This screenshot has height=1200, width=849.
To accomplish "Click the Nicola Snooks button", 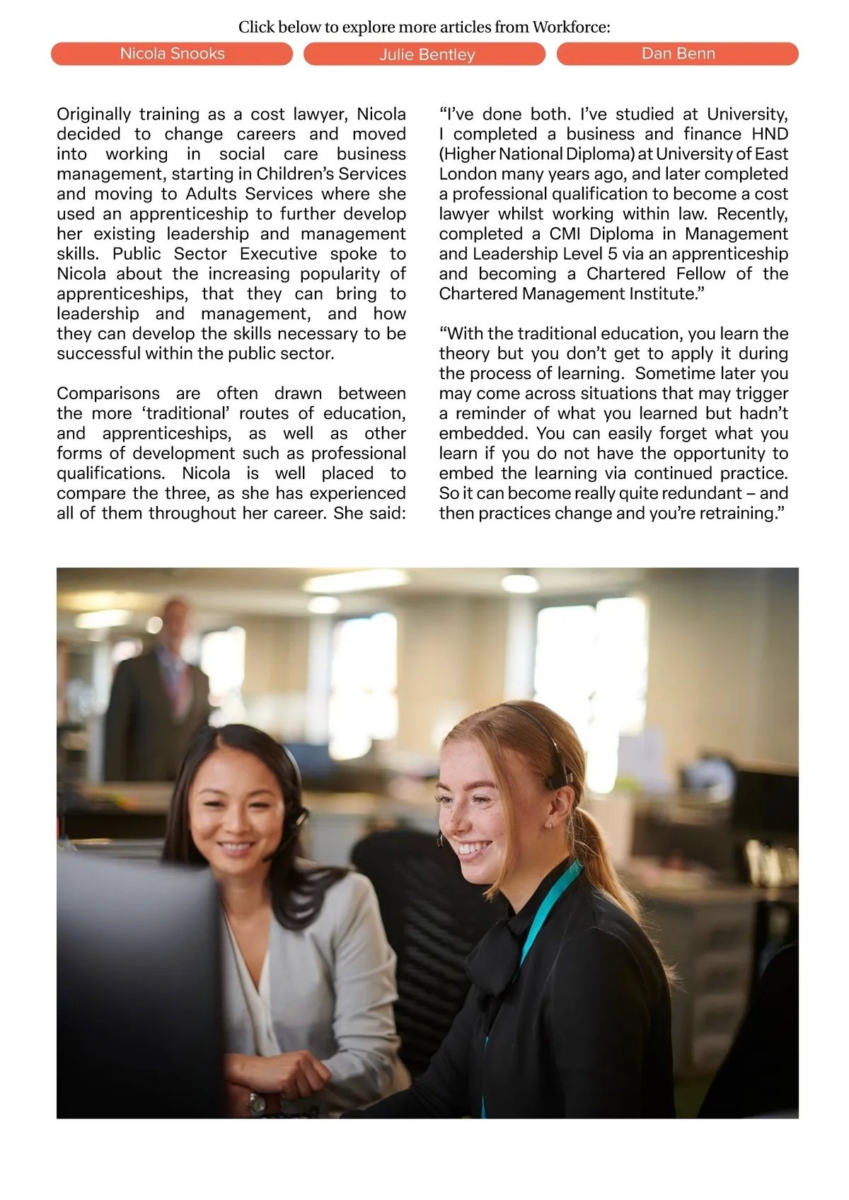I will tap(172, 54).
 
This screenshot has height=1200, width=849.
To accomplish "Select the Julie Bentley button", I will tap(424, 54).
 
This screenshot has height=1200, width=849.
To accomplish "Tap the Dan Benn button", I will tap(678, 54).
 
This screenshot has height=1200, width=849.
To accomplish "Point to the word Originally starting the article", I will tap(94, 115).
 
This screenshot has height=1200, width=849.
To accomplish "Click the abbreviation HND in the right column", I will tap(770, 134).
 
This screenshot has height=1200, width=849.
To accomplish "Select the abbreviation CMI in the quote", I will tap(565, 234).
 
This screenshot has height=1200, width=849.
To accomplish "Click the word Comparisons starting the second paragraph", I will tap(108, 393).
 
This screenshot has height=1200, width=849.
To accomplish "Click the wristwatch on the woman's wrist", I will tap(257, 1102).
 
